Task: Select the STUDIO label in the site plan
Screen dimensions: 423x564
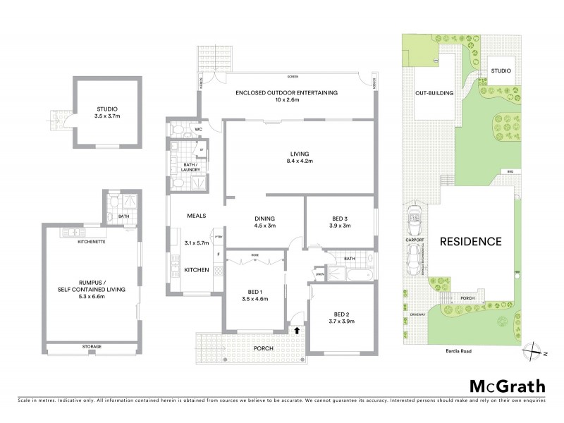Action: coord(501,70)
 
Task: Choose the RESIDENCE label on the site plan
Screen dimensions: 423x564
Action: coord(471,241)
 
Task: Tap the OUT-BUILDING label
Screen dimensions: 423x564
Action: coord(434,92)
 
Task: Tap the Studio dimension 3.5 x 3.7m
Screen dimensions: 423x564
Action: coord(107,117)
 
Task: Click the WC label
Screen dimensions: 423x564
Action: coord(199,129)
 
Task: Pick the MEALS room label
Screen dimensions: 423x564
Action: coord(196,216)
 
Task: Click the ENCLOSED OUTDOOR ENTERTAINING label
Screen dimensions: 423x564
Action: coord(287,92)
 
